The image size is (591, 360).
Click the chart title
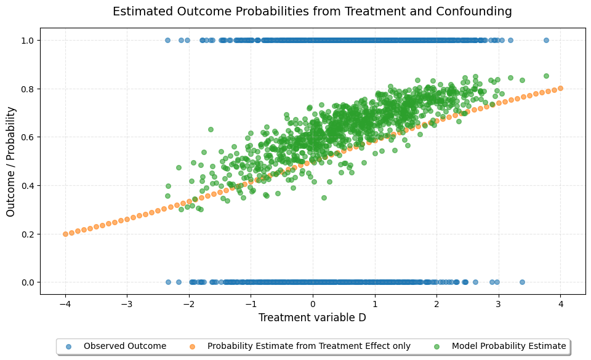[x=312, y=11]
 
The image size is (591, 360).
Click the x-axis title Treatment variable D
[x=312, y=318]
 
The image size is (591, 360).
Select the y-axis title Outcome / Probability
[x=11, y=161]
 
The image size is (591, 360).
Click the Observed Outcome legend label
[x=125, y=346]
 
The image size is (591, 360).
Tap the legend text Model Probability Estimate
[x=509, y=346]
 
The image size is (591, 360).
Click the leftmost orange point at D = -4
[x=65, y=234]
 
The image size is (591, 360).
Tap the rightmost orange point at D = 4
[x=560, y=89]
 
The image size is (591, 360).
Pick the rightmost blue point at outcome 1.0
[x=546, y=41]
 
